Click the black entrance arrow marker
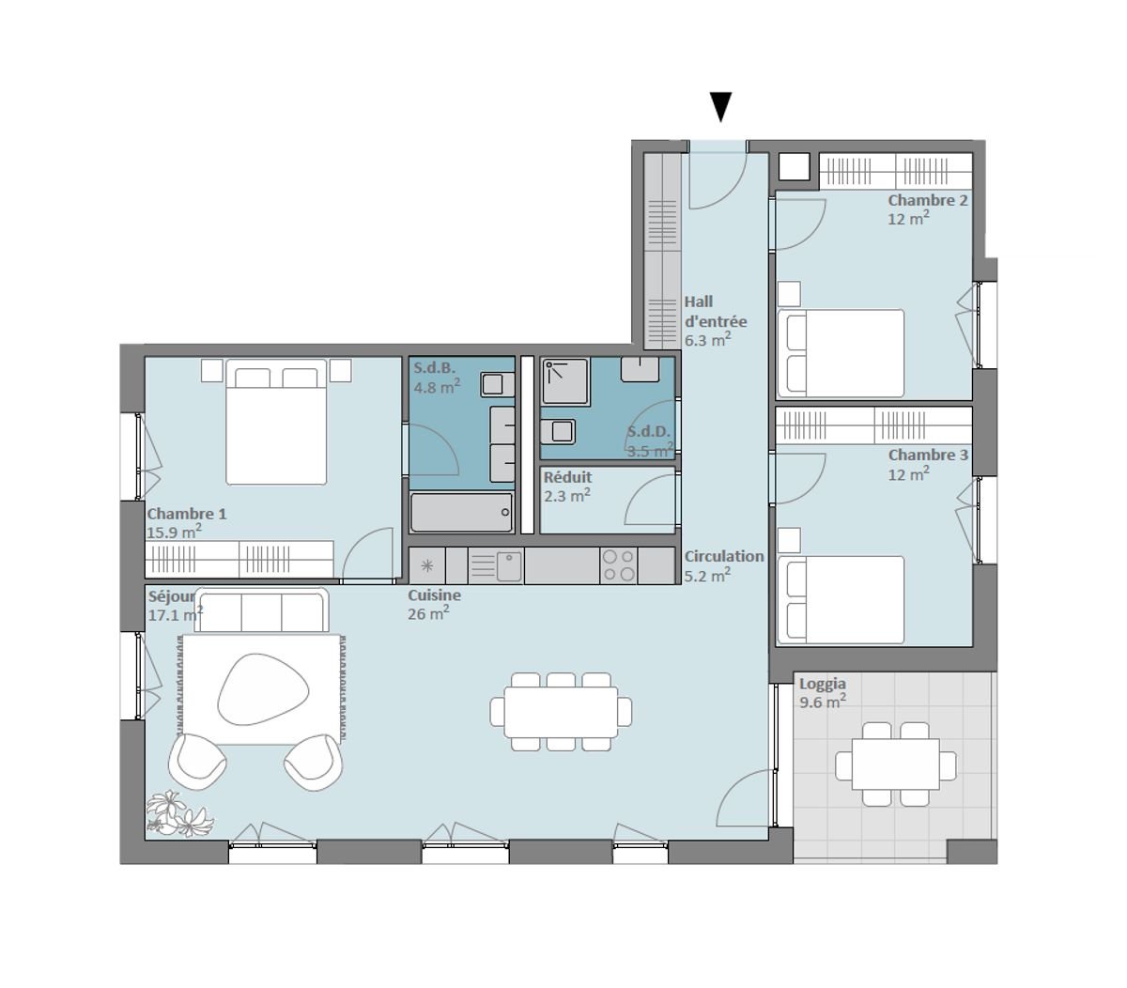720,107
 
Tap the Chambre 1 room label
187,514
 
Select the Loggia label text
822,684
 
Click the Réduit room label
567,477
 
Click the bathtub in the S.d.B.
461,512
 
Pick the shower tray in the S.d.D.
564,381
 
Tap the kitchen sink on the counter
508,565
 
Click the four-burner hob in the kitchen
618,565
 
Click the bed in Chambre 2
841,353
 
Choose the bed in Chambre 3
841,600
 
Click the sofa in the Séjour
261,611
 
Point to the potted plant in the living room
178,814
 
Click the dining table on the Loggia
895,764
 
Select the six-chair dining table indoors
561,712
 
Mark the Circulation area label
723,556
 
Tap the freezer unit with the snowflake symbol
426,565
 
